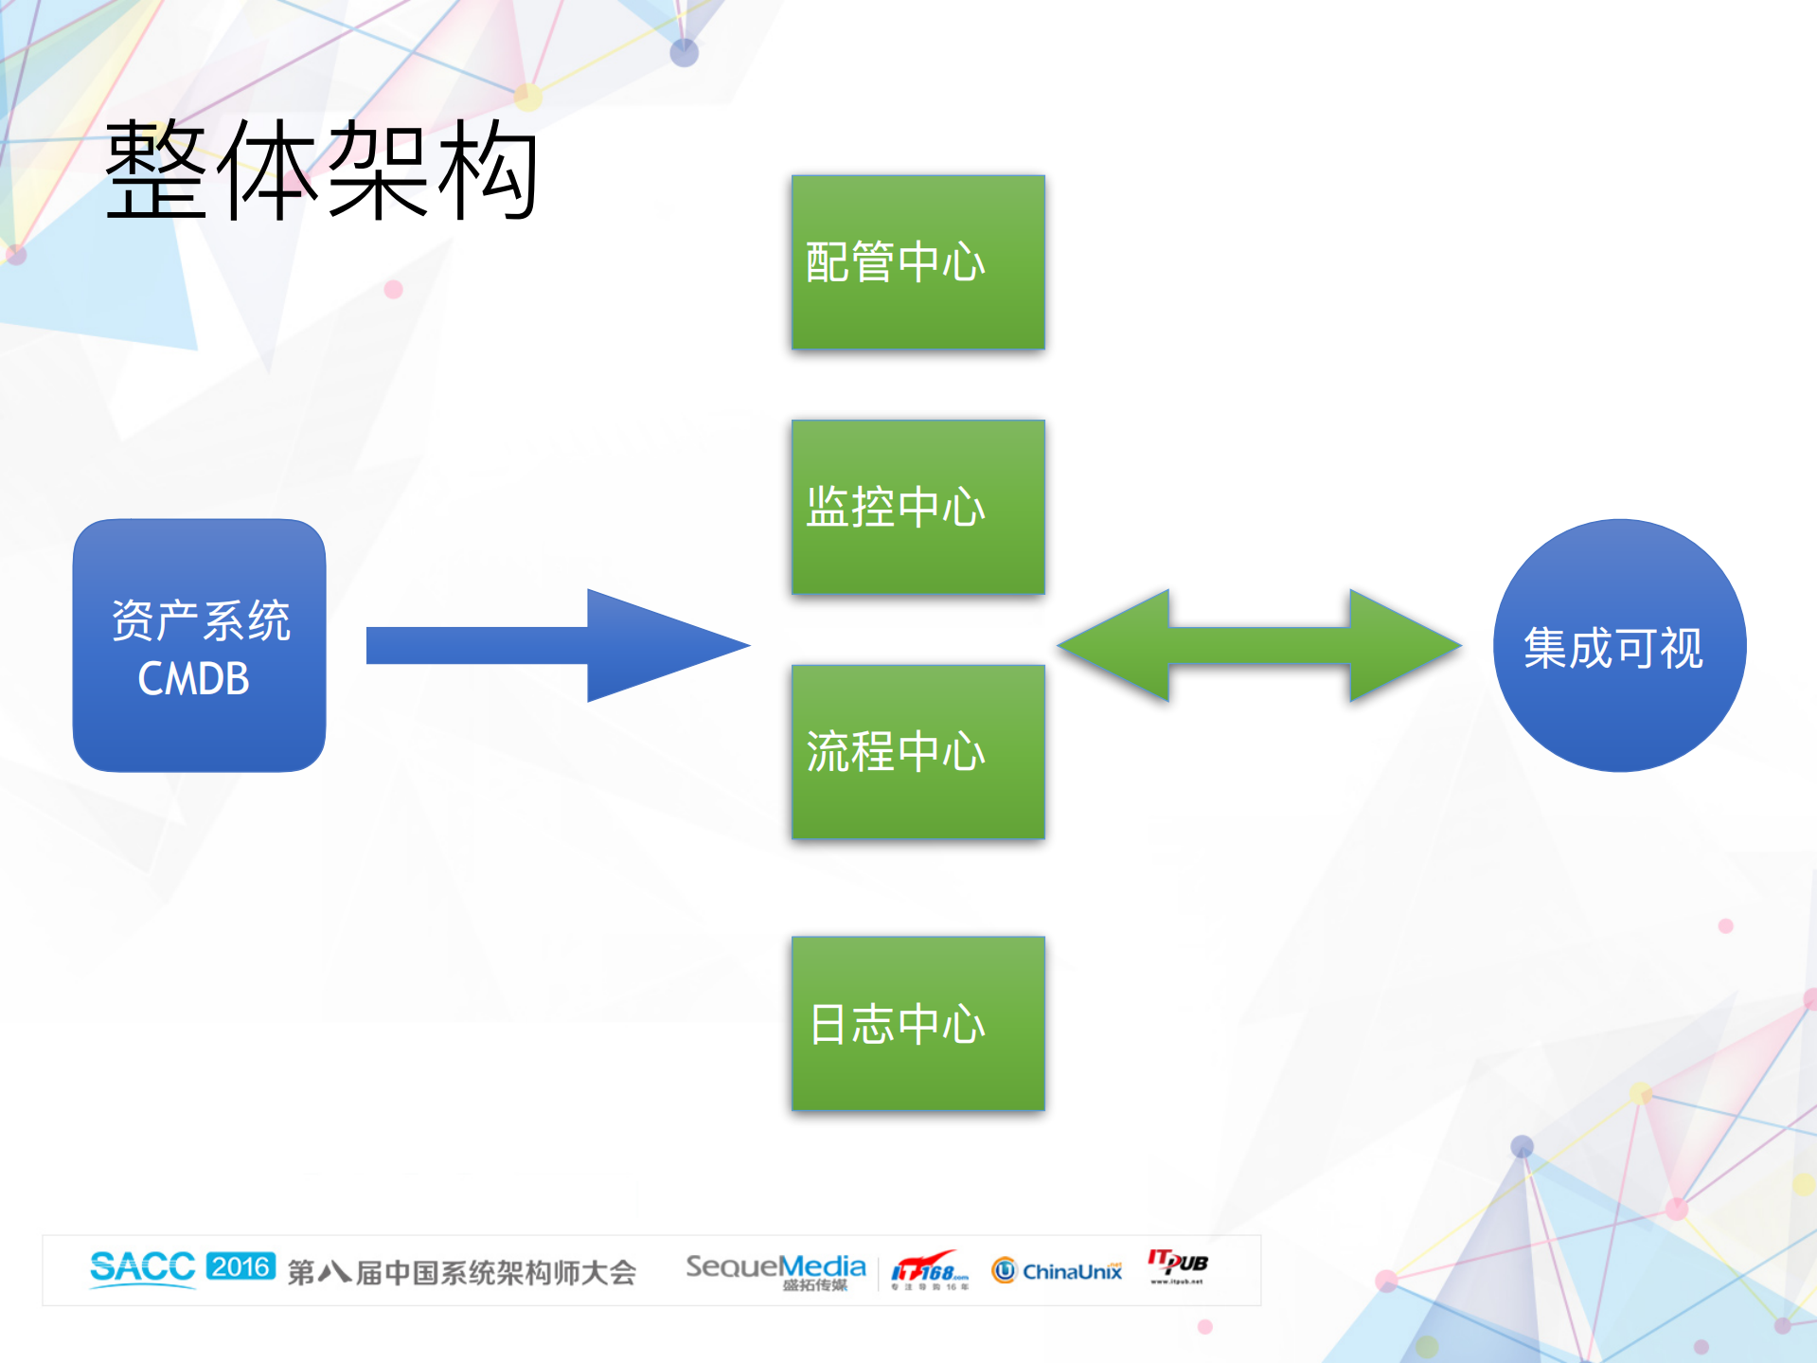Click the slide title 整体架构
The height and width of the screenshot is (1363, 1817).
(322, 170)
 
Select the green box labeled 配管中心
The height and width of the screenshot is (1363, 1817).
(917, 262)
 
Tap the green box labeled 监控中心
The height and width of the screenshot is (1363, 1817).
(917, 507)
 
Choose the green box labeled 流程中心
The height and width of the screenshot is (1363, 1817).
(917, 751)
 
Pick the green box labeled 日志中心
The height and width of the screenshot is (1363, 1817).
(917, 1023)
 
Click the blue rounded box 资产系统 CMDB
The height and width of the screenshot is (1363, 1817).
(200, 645)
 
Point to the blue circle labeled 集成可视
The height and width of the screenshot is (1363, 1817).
(1619, 645)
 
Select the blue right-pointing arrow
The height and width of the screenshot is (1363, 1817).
(559, 645)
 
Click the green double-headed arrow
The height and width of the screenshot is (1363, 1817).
(1259, 645)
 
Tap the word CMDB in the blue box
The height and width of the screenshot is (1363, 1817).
(194, 679)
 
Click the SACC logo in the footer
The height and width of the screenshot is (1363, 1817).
(142, 1267)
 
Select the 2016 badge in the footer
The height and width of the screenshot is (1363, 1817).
(240, 1266)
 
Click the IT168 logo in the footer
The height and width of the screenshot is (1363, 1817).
(930, 1269)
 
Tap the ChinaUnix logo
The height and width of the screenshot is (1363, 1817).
(1058, 1270)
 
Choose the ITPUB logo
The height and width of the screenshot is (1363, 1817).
(1177, 1264)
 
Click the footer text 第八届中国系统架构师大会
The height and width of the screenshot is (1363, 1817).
(462, 1272)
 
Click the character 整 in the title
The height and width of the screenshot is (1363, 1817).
(156, 170)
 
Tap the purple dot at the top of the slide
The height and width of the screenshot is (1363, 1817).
(684, 53)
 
